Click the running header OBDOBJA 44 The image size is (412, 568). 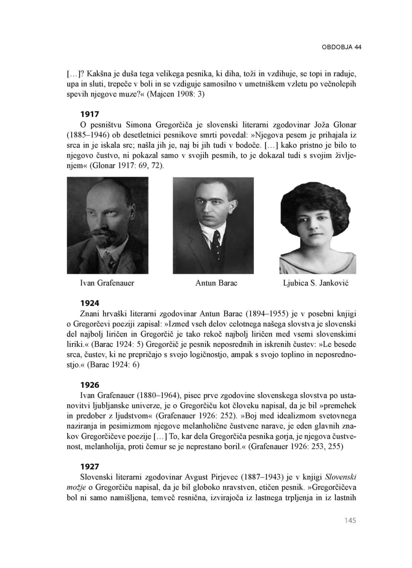coord(341,47)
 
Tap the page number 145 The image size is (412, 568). coord(350,521)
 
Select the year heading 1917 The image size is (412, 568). coord(90,114)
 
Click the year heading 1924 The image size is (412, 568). coord(90,303)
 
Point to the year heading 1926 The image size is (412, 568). coord(90,385)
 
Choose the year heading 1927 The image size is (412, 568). coord(90,467)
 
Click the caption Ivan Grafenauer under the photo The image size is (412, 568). coord(107,283)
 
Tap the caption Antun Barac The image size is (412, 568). coord(216,283)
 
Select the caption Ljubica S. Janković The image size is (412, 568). coord(316,283)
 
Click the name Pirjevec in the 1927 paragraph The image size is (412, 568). coord(223,477)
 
